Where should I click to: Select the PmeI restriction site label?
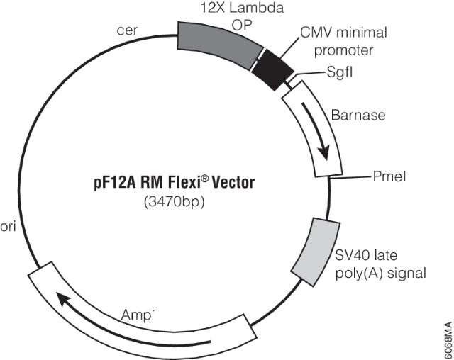380,174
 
